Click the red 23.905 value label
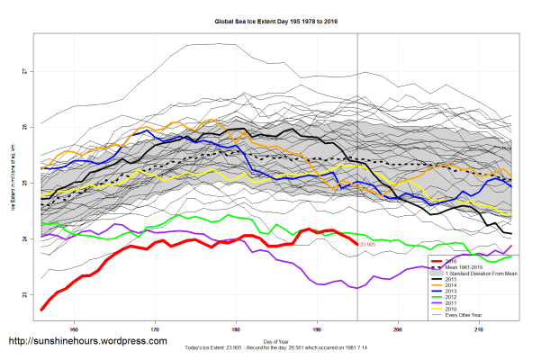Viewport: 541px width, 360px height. tap(367, 244)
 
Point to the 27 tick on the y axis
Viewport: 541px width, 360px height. tap(28, 71)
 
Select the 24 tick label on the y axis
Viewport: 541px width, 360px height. tap(28, 238)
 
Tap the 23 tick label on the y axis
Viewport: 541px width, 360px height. tap(28, 294)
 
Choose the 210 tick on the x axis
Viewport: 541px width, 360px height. tap(480, 328)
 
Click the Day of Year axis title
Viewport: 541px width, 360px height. tap(276, 340)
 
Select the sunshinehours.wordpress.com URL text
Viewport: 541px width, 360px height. tap(86, 342)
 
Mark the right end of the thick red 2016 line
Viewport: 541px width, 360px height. tap(356, 242)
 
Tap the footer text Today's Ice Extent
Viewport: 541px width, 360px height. tap(270, 347)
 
